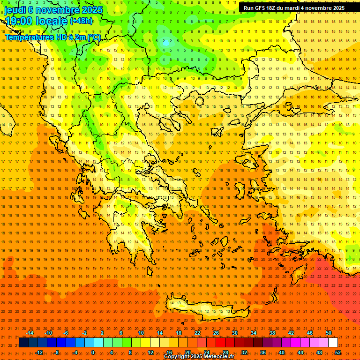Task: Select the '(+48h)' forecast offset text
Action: point(81,21)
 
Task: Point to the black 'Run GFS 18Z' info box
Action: point(294,8)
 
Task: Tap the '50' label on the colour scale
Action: point(328,333)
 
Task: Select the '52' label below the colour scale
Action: point(338,352)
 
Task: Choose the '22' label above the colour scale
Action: point(197,333)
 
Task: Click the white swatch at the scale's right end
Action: point(333,343)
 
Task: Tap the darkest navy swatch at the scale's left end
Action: point(23,343)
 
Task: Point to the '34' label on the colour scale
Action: point(253,333)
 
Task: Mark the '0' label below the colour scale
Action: point(93,352)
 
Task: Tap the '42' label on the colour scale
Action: point(291,333)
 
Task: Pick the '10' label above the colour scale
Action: point(141,333)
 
